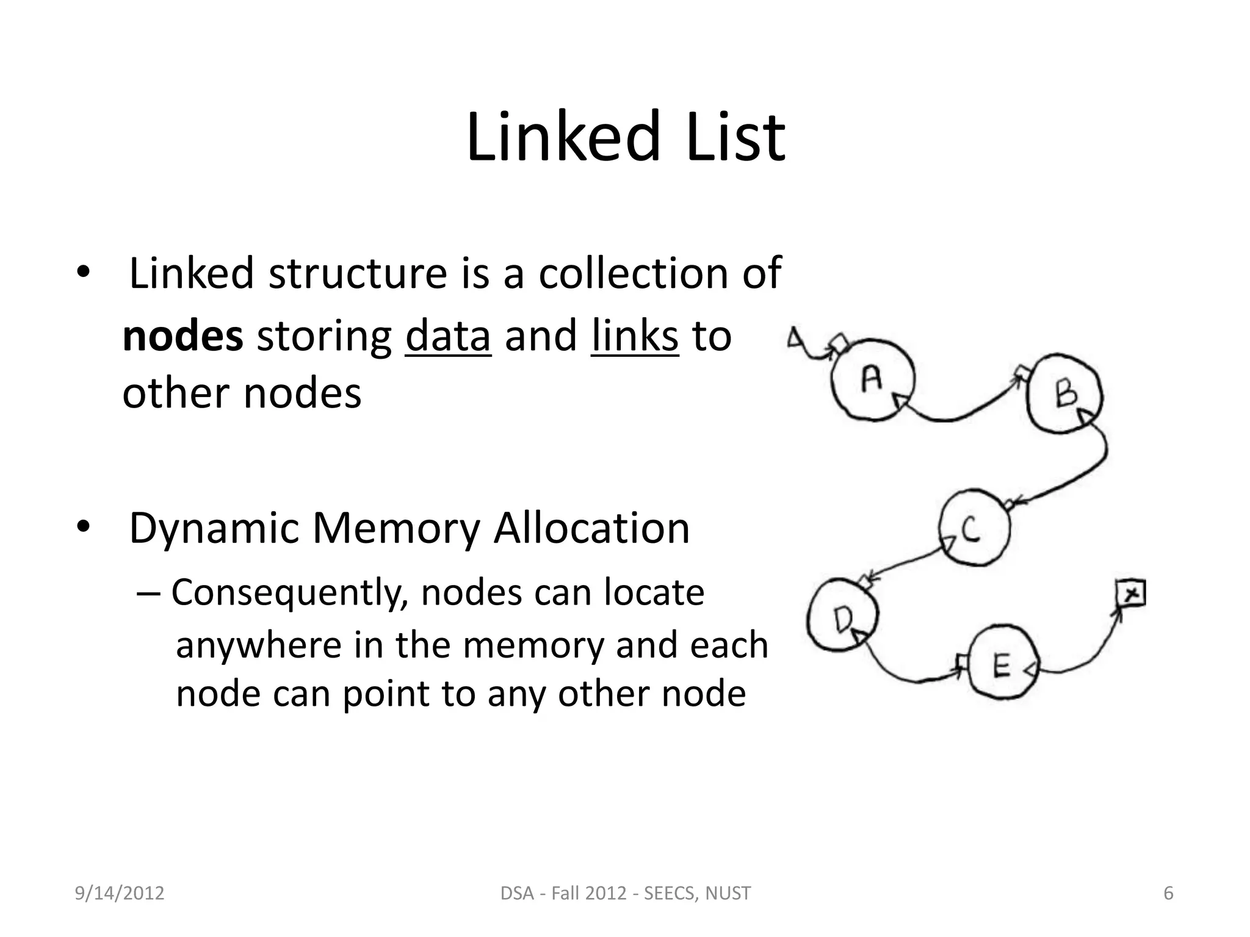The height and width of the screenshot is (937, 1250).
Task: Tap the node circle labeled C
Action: pos(974,528)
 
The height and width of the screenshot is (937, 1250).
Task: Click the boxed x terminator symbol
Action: pos(1130,593)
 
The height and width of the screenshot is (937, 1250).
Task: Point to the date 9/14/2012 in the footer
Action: pos(120,893)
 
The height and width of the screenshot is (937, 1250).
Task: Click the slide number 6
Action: pos(1168,893)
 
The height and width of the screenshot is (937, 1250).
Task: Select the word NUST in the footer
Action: pos(728,893)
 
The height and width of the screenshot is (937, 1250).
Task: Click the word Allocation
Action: pos(591,528)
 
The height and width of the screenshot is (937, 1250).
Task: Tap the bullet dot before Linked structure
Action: pos(83,273)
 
